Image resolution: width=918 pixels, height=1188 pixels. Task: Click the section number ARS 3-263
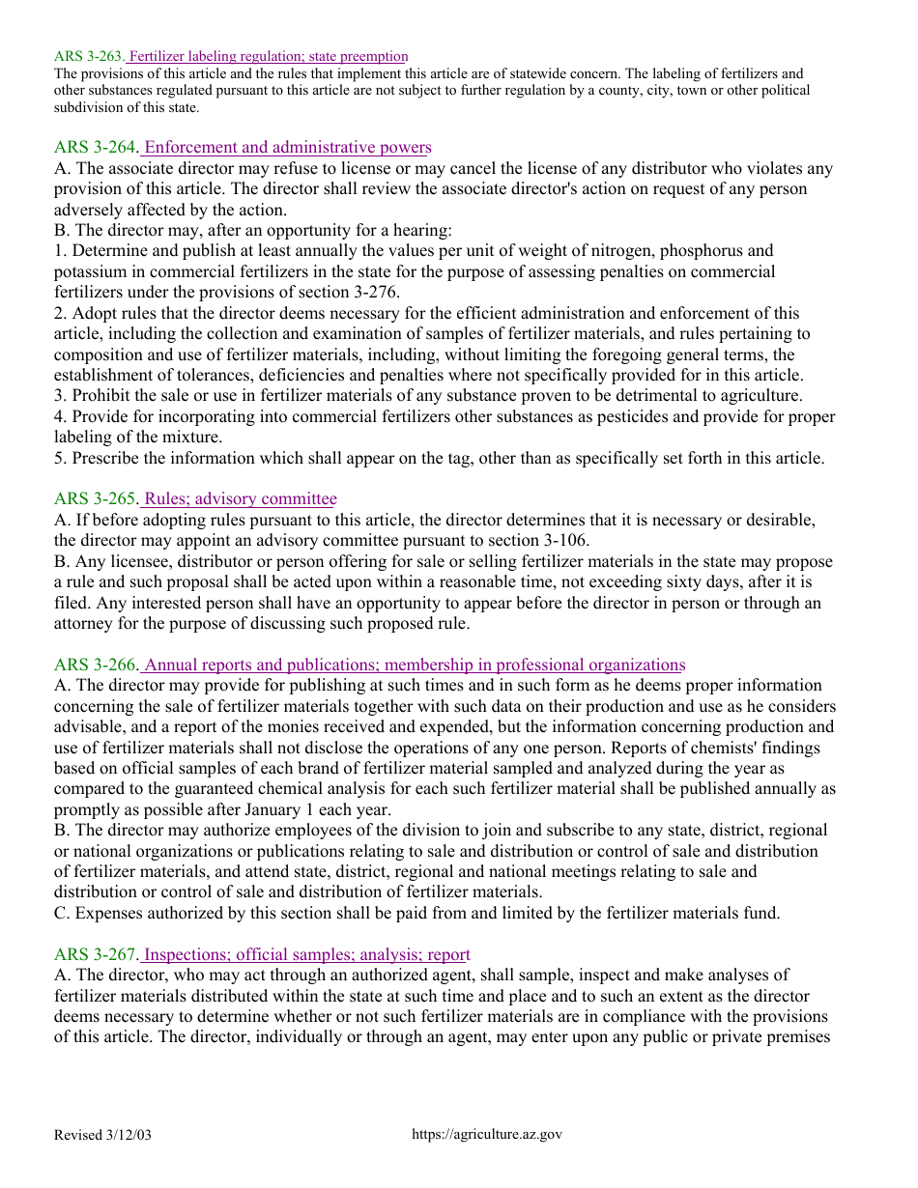tap(89, 57)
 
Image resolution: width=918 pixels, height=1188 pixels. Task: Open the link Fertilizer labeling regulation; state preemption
tap(268, 57)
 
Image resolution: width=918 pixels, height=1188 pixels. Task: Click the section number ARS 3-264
tap(97, 148)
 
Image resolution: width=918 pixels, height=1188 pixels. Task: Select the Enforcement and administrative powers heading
tap(287, 148)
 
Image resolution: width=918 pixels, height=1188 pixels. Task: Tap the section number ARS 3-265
tap(97, 499)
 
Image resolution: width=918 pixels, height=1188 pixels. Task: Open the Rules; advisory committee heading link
tap(240, 499)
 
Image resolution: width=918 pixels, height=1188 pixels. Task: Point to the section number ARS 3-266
tap(97, 665)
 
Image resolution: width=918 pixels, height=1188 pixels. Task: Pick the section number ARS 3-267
tap(97, 955)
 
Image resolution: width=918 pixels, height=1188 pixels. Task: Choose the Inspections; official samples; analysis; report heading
tap(306, 955)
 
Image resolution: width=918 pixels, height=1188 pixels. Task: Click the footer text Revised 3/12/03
tap(102, 1135)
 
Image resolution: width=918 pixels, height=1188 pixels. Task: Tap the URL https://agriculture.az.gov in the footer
tap(486, 1135)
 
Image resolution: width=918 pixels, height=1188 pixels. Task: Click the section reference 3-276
tap(373, 293)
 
